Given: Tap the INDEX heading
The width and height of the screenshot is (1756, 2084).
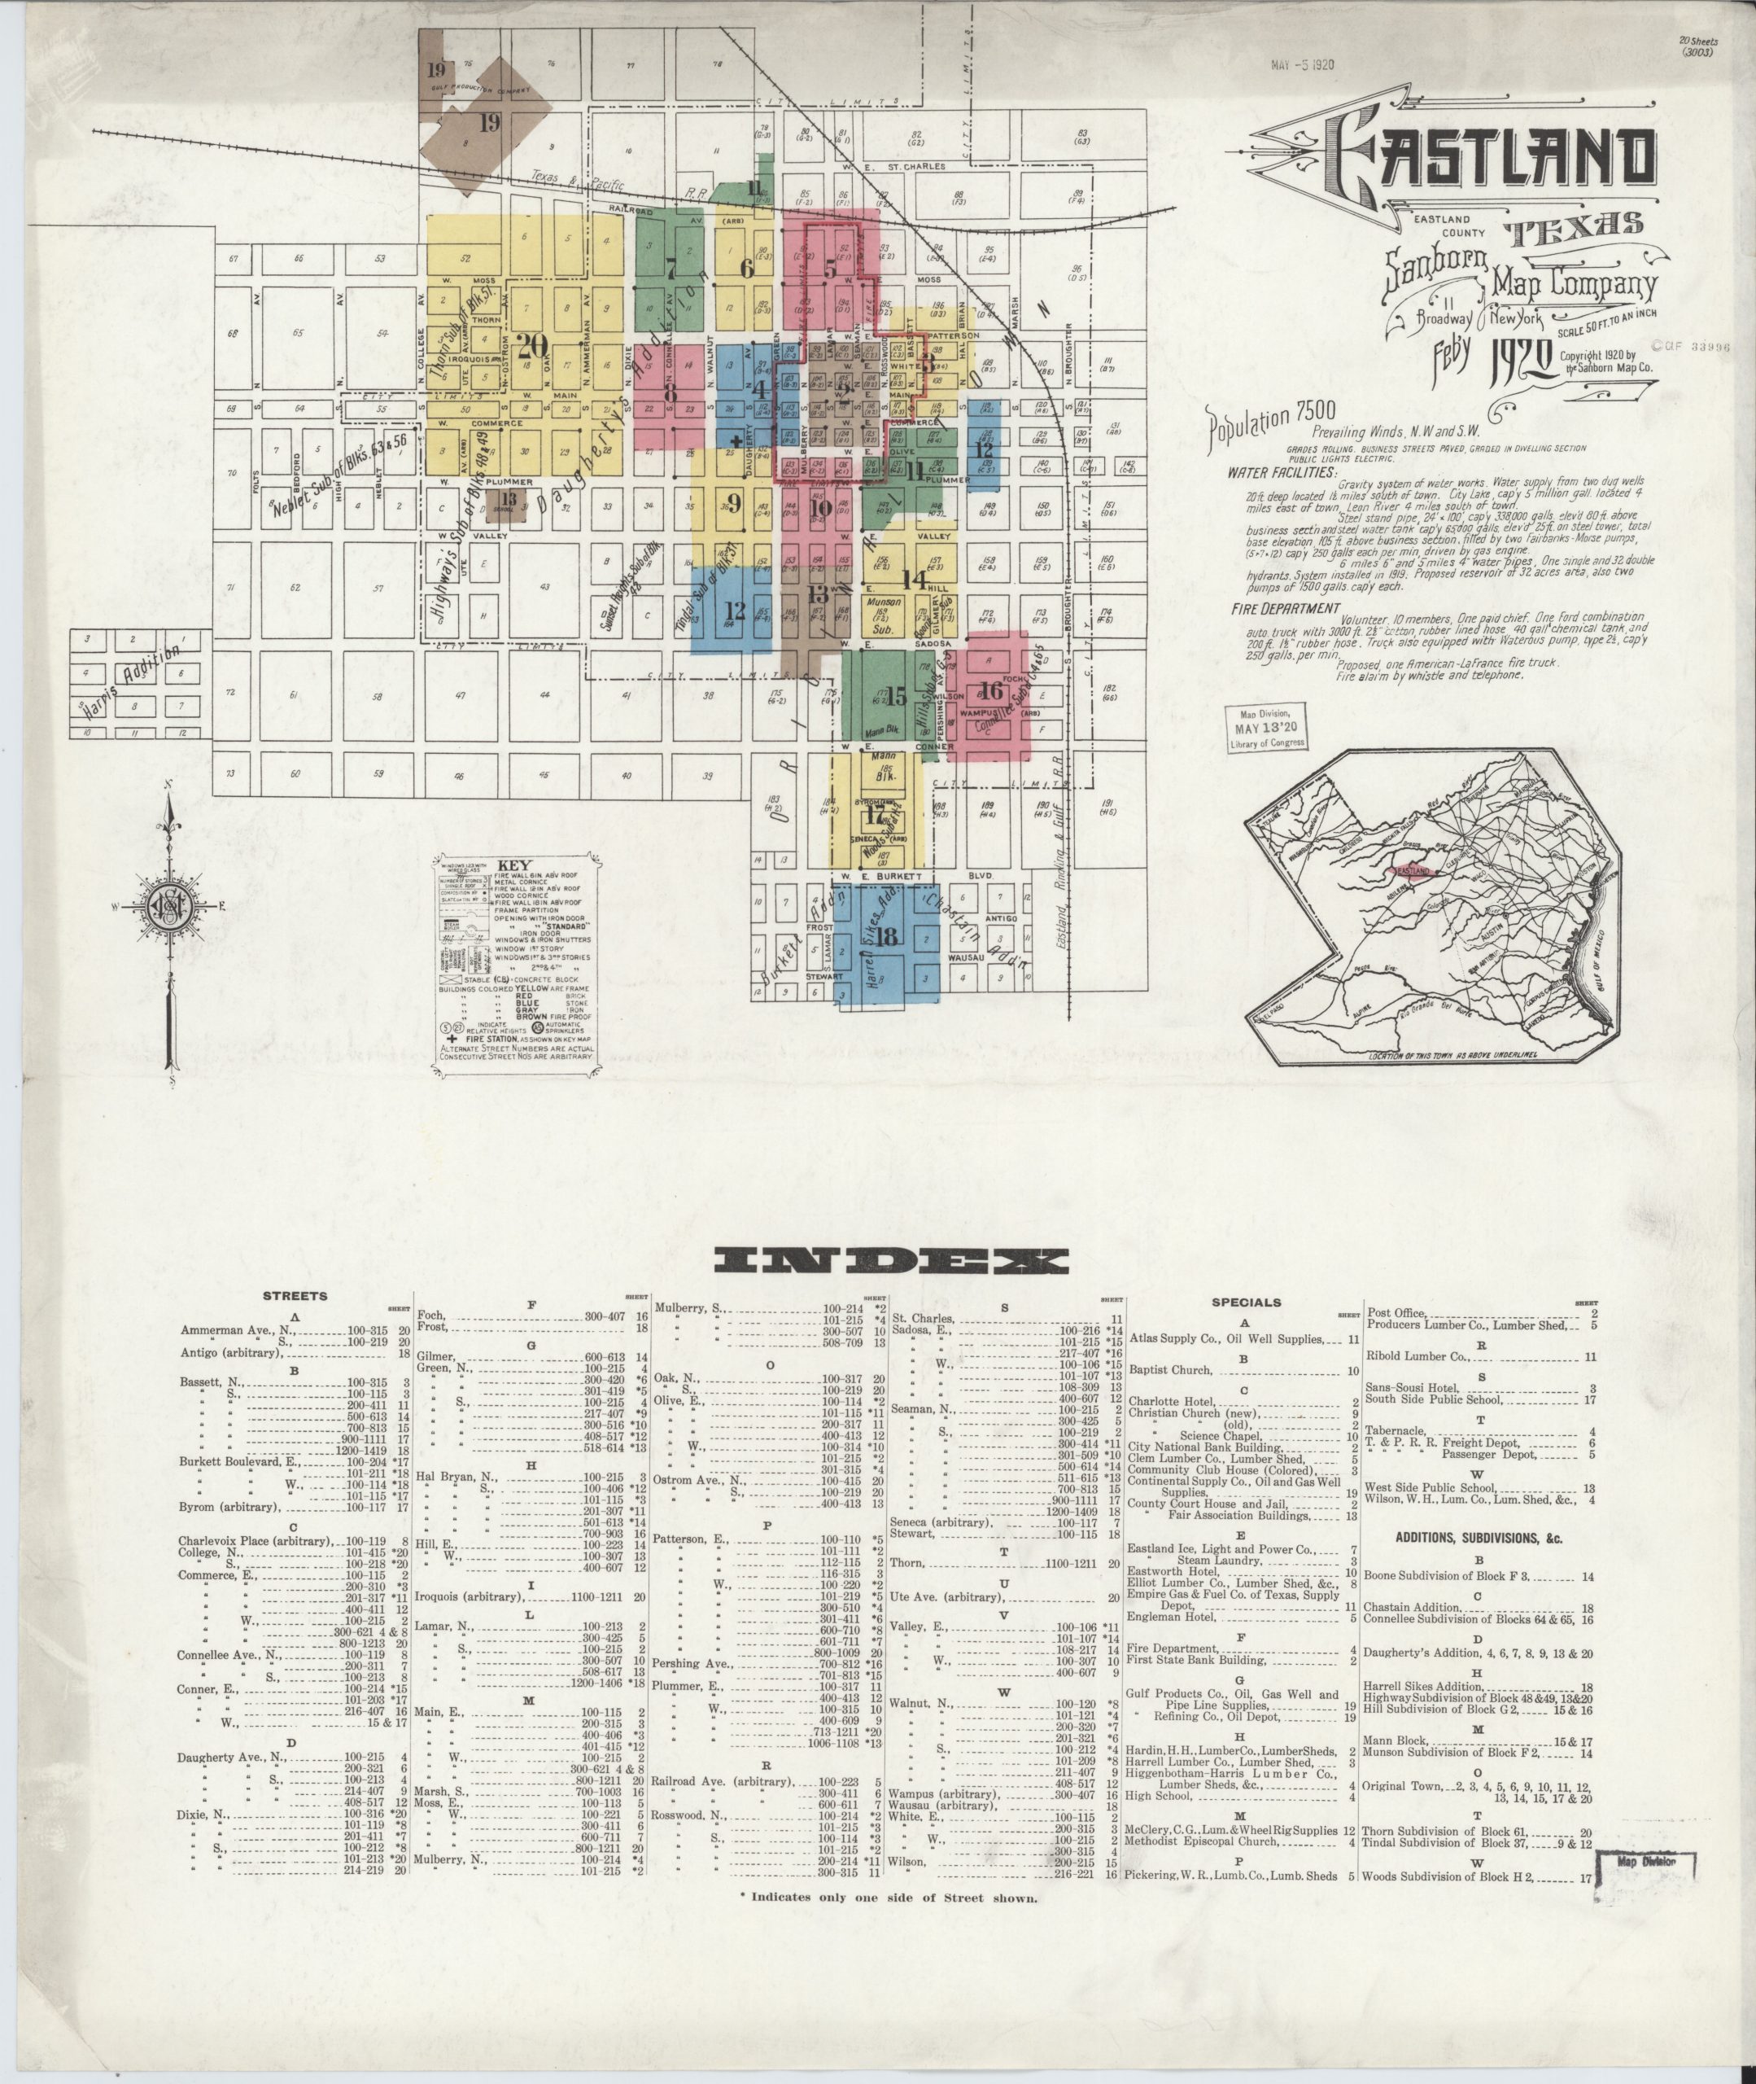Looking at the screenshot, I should [x=892, y=1263].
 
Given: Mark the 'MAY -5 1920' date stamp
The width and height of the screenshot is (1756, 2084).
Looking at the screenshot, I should [x=1302, y=65].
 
